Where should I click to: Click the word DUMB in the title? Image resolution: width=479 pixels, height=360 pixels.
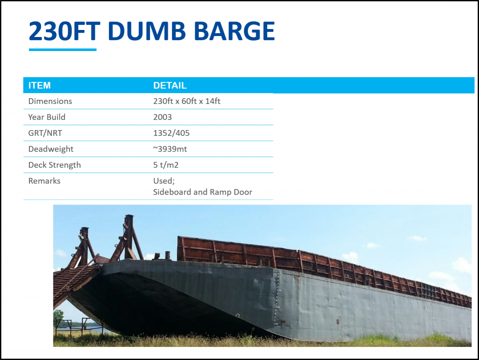[x=146, y=31]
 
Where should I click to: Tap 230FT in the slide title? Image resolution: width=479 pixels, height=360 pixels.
[x=65, y=31]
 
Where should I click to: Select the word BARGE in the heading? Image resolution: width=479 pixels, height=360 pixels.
[x=234, y=31]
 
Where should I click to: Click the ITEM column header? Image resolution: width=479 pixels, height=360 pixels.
[x=39, y=85]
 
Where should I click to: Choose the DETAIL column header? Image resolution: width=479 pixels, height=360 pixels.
[x=170, y=85]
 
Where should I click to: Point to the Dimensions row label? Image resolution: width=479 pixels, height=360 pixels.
[x=50, y=101]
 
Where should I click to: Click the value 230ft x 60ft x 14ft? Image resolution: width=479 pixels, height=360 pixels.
[x=187, y=101]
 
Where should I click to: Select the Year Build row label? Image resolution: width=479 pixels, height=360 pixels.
[x=47, y=117]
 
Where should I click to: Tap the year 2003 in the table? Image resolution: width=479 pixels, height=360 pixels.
[x=162, y=117]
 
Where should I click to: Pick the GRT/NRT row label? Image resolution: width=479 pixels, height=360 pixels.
[x=45, y=133]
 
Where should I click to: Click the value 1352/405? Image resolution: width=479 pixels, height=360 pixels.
[x=171, y=133]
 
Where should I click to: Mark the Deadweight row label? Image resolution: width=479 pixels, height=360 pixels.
[x=51, y=149]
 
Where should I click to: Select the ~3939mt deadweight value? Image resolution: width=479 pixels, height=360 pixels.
[x=170, y=149]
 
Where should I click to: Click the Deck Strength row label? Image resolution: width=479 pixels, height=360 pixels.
[x=55, y=165]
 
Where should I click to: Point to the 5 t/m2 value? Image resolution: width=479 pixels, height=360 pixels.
[x=166, y=165]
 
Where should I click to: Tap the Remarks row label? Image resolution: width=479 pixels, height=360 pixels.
[x=44, y=181]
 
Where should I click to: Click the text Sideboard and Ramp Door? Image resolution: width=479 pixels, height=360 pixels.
[x=203, y=192]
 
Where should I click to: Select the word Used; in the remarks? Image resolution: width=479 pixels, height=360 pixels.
[x=164, y=181]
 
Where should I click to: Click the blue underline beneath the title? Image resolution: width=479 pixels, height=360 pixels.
[x=63, y=50]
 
